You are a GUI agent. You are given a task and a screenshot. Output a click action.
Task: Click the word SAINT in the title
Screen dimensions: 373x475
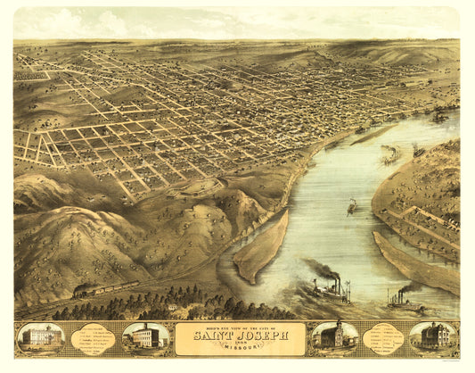(x=209, y=337)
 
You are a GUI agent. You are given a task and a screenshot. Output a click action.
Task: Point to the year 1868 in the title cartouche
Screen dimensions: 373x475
(x=237, y=344)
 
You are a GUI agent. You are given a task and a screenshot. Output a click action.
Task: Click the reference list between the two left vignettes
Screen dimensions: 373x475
(x=94, y=338)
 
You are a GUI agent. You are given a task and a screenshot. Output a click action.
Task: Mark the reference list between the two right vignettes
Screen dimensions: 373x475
(x=384, y=338)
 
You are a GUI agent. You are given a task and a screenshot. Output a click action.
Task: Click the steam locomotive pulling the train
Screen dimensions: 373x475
(x=85, y=290)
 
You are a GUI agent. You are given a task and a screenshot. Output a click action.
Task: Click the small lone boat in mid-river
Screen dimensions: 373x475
(x=351, y=207)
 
